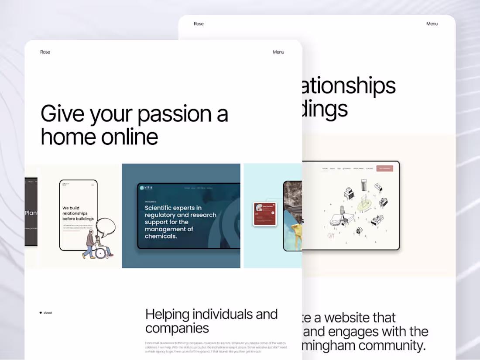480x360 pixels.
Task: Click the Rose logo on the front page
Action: click(x=45, y=52)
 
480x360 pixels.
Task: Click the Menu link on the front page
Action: click(x=278, y=52)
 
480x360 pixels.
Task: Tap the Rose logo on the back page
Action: click(x=199, y=24)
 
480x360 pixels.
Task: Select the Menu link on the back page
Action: click(x=432, y=24)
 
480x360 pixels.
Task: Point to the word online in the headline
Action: click(x=130, y=137)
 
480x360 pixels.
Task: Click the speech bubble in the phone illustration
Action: click(x=106, y=227)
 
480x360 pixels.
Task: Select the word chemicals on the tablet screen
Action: click(x=161, y=236)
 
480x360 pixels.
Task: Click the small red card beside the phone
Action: click(x=264, y=213)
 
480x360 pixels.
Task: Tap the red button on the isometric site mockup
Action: click(x=385, y=168)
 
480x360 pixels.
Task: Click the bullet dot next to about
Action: click(x=41, y=312)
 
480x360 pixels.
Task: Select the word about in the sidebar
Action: click(x=48, y=312)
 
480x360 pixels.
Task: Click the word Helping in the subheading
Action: click(x=167, y=314)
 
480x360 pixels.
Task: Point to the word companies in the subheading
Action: click(x=177, y=328)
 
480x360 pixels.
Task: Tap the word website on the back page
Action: click(x=360, y=317)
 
